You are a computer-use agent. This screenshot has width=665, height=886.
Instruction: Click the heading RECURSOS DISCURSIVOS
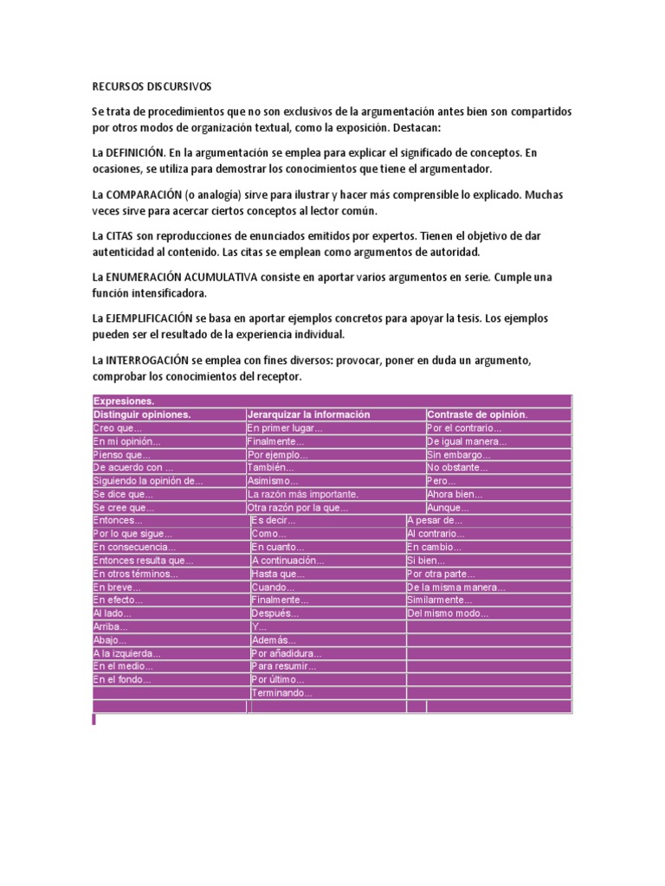click(x=152, y=87)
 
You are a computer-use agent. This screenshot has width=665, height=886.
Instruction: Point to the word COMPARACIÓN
click(x=145, y=195)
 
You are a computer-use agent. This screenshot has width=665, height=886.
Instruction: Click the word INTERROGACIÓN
click(x=152, y=359)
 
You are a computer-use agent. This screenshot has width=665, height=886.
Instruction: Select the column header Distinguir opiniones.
click(x=141, y=414)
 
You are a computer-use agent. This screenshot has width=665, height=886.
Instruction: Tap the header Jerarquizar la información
click(x=308, y=414)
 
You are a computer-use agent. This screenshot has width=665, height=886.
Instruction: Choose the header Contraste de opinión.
click(x=477, y=414)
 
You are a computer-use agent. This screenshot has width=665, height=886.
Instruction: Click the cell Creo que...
click(x=117, y=427)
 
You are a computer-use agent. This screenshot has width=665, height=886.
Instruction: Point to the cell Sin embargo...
click(x=458, y=454)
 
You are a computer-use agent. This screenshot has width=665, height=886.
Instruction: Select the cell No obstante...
click(x=457, y=467)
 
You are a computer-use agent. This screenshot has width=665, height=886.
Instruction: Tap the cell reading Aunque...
click(x=448, y=508)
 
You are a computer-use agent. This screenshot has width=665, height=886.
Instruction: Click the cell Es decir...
click(x=274, y=521)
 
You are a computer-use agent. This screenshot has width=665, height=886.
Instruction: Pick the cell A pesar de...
click(x=436, y=521)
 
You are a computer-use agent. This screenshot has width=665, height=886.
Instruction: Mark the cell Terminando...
click(x=282, y=693)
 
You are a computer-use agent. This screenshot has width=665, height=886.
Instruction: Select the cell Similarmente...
click(x=440, y=600)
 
